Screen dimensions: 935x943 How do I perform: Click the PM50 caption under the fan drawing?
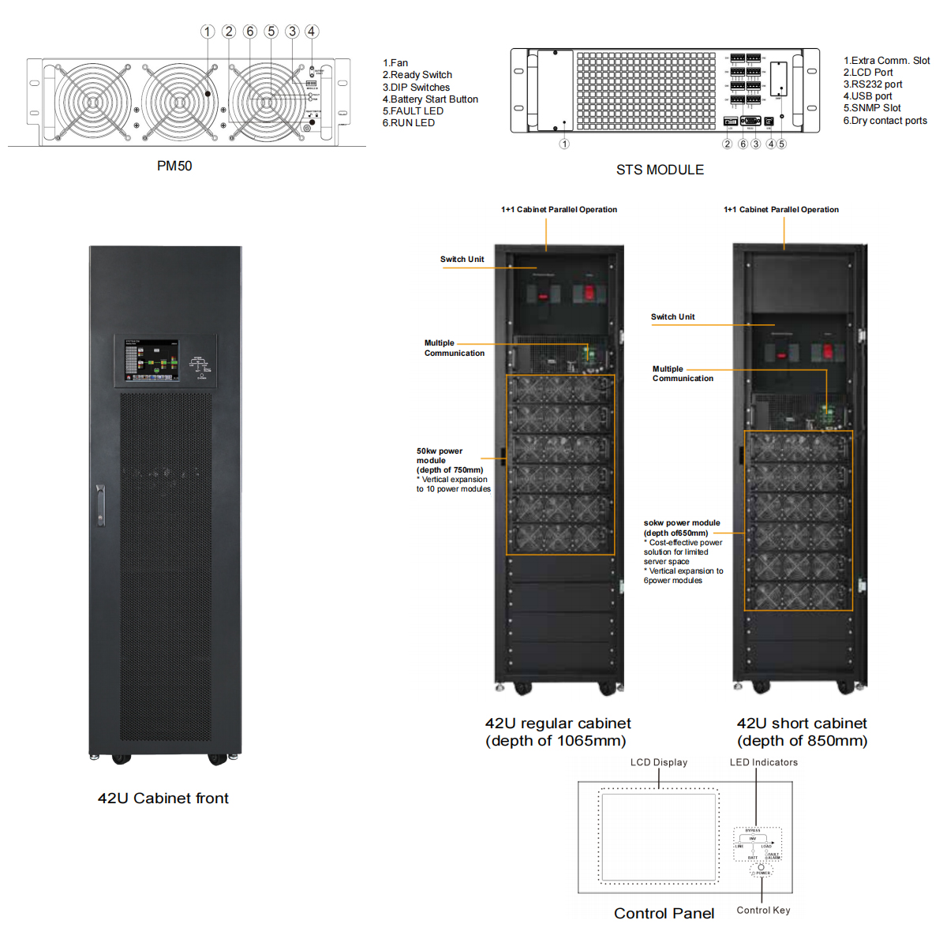[174, 166]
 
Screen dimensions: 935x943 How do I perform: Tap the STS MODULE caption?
[660, 170]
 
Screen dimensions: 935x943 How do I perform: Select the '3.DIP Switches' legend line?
[416, 88]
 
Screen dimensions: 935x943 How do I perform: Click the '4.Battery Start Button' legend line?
[430, 99]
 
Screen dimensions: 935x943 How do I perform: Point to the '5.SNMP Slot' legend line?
[872, 108]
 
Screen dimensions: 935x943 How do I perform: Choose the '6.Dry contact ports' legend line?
[885, 121]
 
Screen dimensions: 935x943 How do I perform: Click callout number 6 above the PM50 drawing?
[250, 32]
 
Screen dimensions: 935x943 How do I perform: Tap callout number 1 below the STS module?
[564, 144]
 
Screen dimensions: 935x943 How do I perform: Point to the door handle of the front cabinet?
[100, 505]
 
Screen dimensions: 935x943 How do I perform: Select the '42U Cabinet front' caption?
[163, 798]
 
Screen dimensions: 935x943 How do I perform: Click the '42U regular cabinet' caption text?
[558, 724]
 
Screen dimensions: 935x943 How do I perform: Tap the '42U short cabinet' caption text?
[802, 724]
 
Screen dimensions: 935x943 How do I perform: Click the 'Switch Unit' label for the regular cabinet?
[462, 259]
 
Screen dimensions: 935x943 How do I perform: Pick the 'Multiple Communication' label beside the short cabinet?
[683, 374]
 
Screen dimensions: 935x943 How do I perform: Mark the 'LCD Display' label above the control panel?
[659, 762]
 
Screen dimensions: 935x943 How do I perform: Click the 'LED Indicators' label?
[764, 762]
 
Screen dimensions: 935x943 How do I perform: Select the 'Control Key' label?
[763, 910]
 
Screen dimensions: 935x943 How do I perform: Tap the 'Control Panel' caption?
[664, 913]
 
